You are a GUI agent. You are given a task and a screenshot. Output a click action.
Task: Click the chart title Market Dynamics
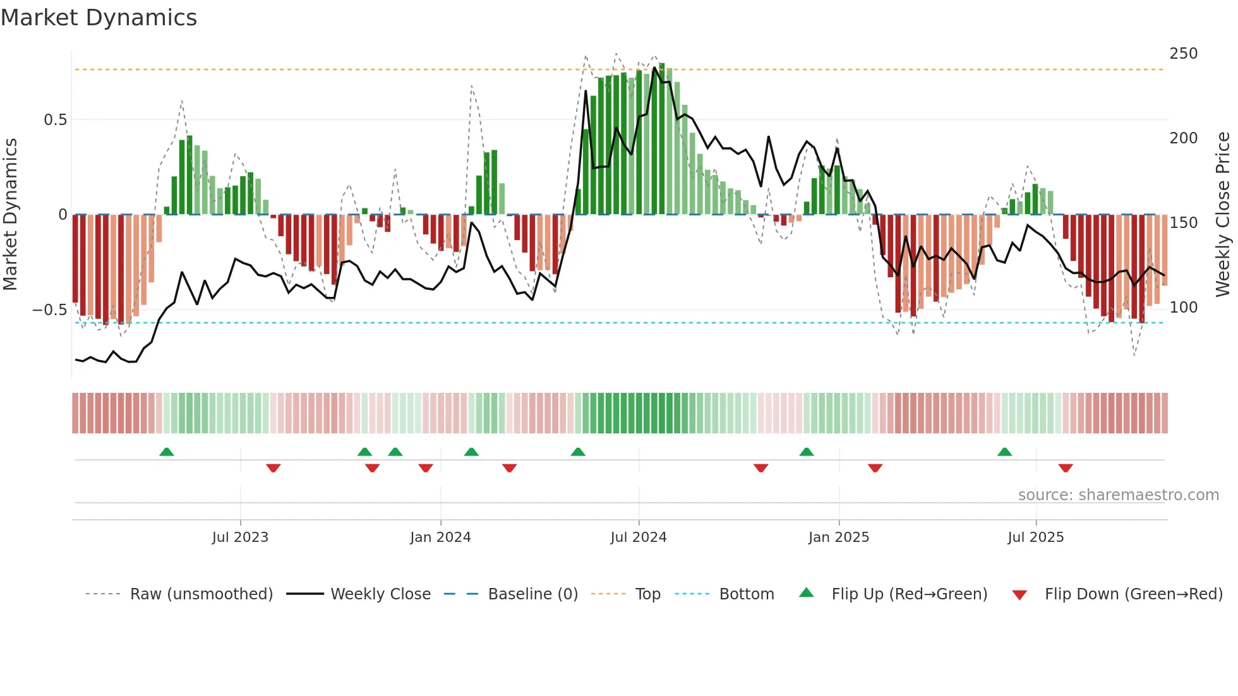point(99,18)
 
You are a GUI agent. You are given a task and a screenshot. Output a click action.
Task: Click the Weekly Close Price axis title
point(1223,214)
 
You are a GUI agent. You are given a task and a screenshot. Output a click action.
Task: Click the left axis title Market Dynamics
point(10,214)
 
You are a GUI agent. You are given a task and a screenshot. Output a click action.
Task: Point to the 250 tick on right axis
point(1183,54)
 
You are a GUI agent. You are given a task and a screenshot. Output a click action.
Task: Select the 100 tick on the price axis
point(1183,308)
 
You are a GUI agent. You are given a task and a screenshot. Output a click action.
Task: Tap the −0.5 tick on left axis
point(49,310)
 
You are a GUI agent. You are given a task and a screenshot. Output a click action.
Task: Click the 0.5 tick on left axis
point(55,120)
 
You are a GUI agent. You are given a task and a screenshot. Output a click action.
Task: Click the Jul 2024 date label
point(638,537)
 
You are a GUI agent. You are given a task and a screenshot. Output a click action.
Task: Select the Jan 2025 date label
point(838,537)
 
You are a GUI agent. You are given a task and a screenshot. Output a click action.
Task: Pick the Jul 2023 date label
point(240,537)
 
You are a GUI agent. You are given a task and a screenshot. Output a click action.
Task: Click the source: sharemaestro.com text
point(1118,495)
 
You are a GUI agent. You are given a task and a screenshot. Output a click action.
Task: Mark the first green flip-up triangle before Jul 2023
point(167,452)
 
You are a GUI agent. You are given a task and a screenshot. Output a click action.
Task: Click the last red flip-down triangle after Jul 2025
point(1066,468)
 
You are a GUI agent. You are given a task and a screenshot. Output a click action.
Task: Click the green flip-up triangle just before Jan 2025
point(807,452)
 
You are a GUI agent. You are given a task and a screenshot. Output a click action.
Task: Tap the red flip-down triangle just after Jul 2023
point(273,468)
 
